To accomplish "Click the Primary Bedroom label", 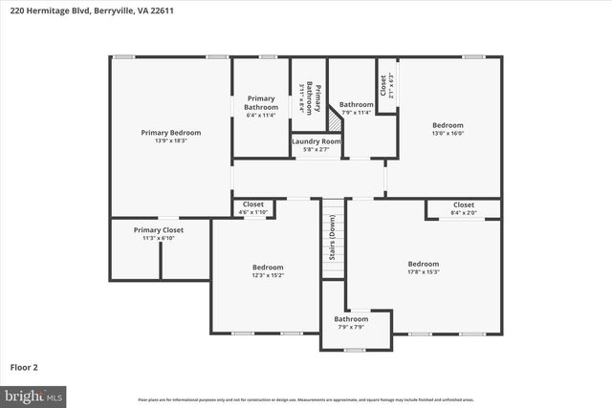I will click(x=171, y=132).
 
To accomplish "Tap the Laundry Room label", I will click(x=316, y=141).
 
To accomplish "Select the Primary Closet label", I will click(x=159, y=229).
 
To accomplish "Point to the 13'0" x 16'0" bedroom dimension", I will click(x=448, y=134).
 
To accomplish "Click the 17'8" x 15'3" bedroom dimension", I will click(x=423, y=271).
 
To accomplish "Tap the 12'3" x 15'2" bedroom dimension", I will click(x=268, y=275).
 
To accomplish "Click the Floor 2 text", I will click(x=24, y=366).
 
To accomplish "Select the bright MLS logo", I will click(x=34, y=395).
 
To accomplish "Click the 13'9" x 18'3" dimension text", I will click(x=171, y=140).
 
